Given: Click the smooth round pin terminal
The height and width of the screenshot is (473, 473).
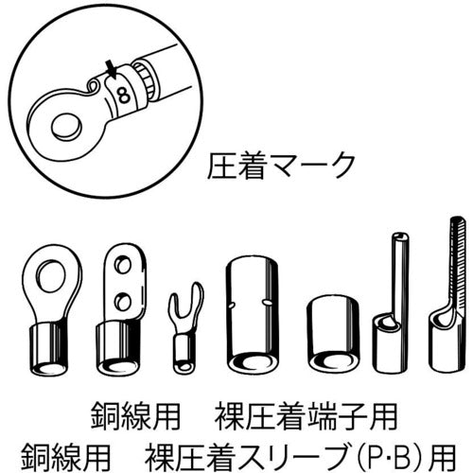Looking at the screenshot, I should pos(391,303).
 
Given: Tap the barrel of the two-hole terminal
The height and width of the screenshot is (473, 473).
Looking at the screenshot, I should pos(118,341).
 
